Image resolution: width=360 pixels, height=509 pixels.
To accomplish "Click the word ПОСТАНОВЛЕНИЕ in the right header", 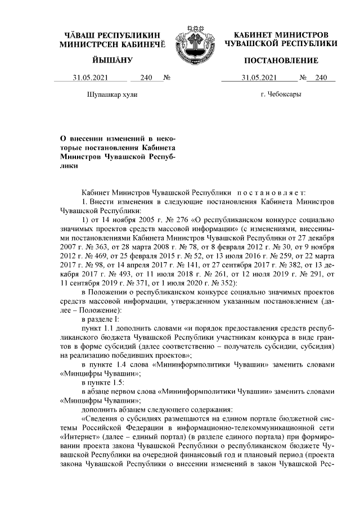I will tap(281, 60).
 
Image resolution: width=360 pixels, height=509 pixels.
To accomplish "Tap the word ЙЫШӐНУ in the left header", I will tap(112, 60).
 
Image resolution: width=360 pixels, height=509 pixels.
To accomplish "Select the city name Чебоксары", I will tap(281, 94).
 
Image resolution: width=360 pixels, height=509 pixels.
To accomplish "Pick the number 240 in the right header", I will tap(321, 79).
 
